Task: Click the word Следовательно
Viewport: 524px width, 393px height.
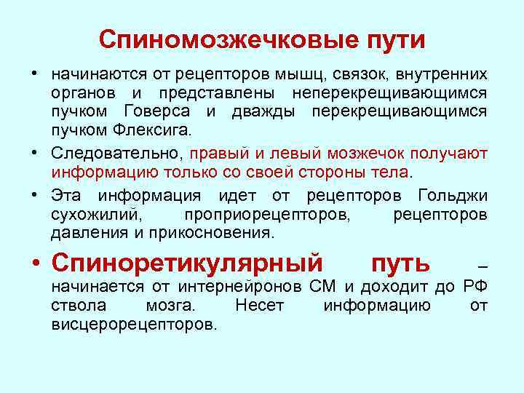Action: click(116, 154)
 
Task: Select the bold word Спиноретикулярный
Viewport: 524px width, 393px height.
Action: click(187, 262)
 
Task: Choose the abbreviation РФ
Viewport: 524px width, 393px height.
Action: click(477, 286)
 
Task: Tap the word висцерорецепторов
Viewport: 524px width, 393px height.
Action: click(134, 324)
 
